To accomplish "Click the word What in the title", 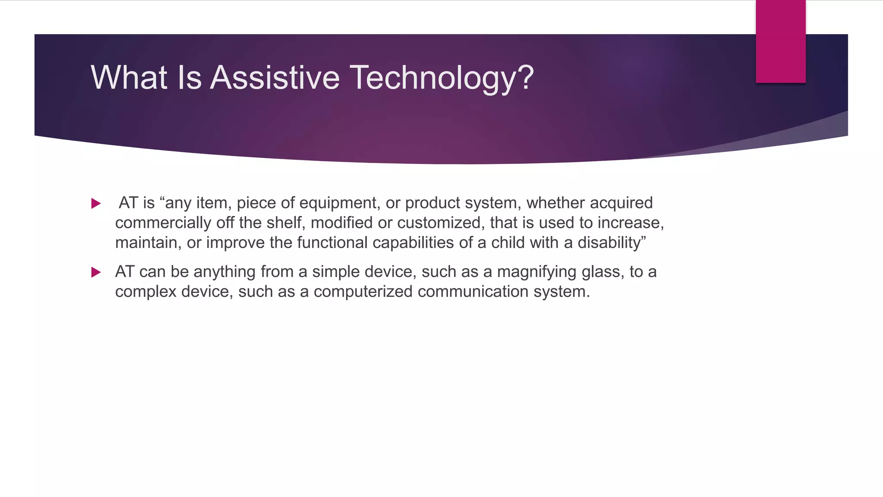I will pyautogui.click(x=129, y=78).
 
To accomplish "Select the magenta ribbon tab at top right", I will pyautogui.click(x=780, y=41).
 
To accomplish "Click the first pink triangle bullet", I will pyautogui.click(x=96, y=203).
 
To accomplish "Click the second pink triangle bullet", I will pyautogui.click(x=96, y=272).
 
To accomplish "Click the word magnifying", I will pyautogui.click(x=537, y=272).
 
